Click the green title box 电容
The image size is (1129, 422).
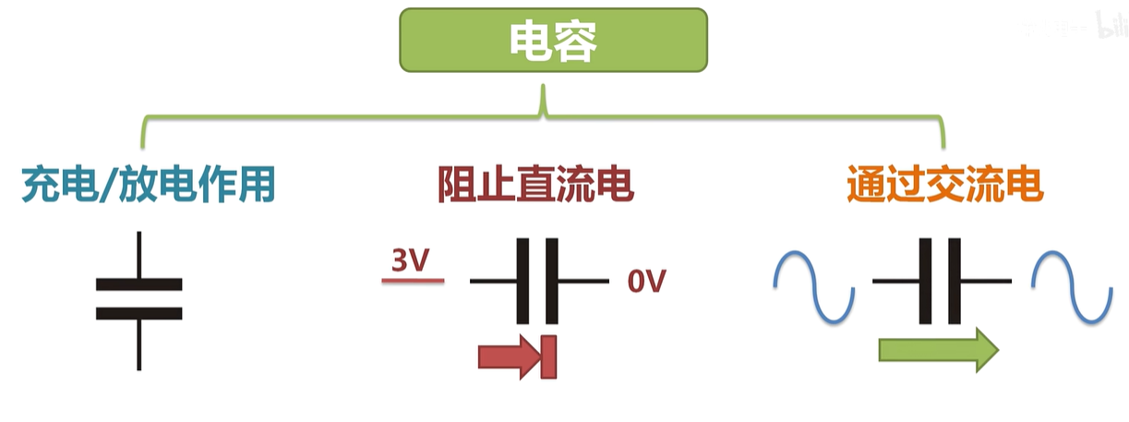coord(553,40)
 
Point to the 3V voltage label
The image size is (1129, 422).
coord(411,261)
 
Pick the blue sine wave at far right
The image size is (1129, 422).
coord(1072,286)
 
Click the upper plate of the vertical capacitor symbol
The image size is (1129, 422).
coord(139,284)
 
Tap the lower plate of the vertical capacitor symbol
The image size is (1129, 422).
coord(139,313)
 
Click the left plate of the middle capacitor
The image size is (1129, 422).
coord(522,281)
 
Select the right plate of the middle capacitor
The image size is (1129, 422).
coord(553,281)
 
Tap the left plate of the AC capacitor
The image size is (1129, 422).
coord(926,281)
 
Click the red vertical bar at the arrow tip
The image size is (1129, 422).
coord(549,357)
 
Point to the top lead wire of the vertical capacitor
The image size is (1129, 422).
coord(139,254)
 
